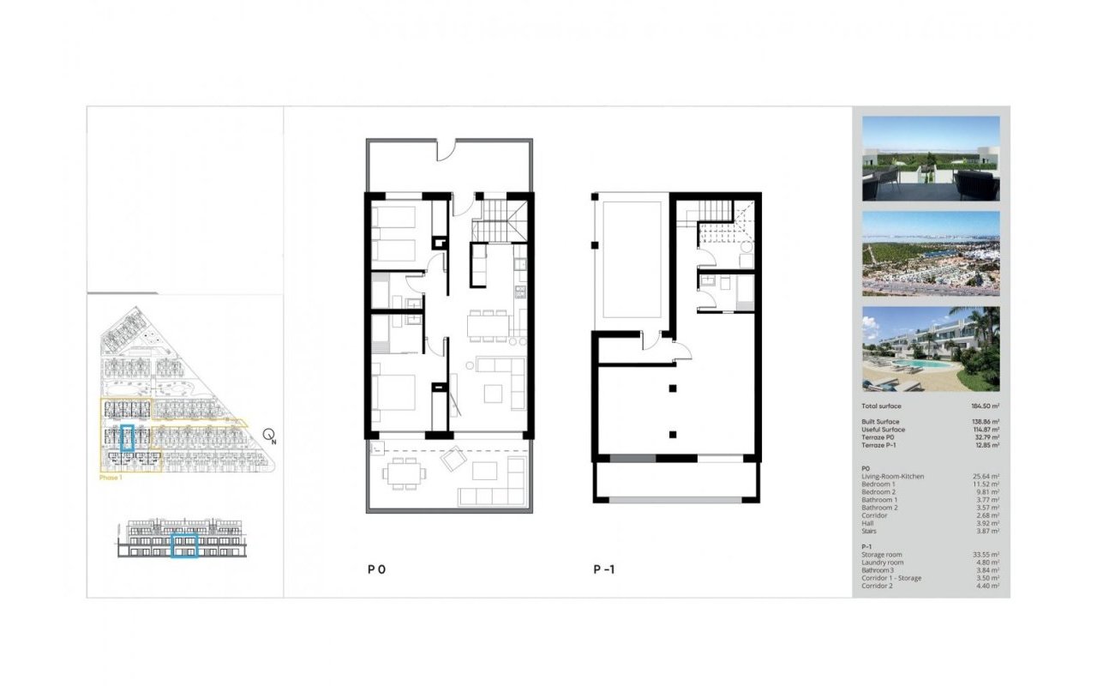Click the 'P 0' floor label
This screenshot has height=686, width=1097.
coord(377,569)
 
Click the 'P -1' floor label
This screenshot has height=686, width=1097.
coord(604,569)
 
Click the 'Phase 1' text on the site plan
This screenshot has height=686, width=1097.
coord(110,478)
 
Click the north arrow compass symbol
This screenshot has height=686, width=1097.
coord(269,436)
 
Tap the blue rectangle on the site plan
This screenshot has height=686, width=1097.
coord(128,438)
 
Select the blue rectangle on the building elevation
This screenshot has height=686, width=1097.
coord(184,545)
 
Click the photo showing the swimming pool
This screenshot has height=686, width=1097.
coord(930,349)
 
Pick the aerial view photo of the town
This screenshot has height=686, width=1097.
coord(930,254)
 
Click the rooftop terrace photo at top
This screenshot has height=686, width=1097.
coord(930,159)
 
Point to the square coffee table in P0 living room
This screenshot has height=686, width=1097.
coord(494,394)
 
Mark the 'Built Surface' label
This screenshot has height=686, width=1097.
coord(880,422)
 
